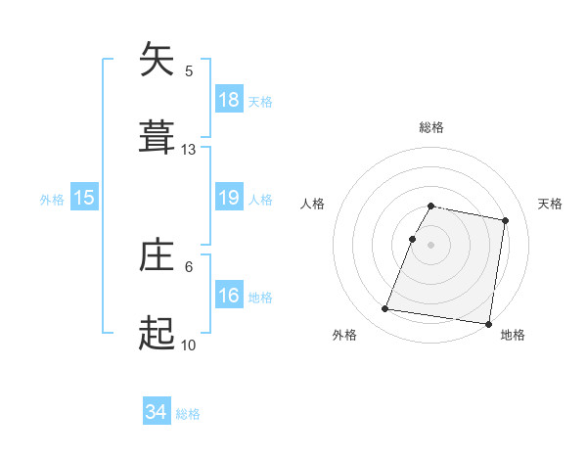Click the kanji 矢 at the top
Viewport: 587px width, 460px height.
click(x=158, y=60)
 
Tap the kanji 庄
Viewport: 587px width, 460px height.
click(x=158, y=256)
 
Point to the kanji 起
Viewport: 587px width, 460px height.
click(x=158, y=335)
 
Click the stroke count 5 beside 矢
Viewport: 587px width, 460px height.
click(x=189, y=71)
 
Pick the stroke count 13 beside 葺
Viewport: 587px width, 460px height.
click(x=189, y=150)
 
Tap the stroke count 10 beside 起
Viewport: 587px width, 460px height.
click(x=189, y=345)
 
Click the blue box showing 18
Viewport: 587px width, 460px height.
click(x=228, y=99)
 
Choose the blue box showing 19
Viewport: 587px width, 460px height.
click(x=228, y=198)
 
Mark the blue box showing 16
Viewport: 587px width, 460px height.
click(x=228, y=295)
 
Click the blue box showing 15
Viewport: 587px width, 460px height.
click(x=84, y=198)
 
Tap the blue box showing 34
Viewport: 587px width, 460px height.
click(x=157, y=412)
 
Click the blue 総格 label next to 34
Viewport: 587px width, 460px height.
click(x=188, y=414)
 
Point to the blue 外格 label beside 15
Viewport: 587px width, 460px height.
click(x=52, y=199)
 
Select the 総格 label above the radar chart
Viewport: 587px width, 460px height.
click(x=431, y=127)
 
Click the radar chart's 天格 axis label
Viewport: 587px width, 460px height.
click(x=550, y=204)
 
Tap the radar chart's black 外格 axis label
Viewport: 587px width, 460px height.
click(x=344, y=336)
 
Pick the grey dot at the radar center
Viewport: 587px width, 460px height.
click(x=431, y=244)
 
